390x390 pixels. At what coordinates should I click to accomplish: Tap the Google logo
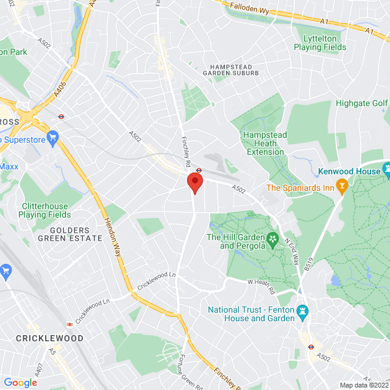coord(20,382)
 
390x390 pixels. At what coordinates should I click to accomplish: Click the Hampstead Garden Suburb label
coord(235,69)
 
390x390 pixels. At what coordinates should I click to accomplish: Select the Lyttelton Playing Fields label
coord(320,42)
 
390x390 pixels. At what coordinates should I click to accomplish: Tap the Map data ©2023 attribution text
coord(364,385)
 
